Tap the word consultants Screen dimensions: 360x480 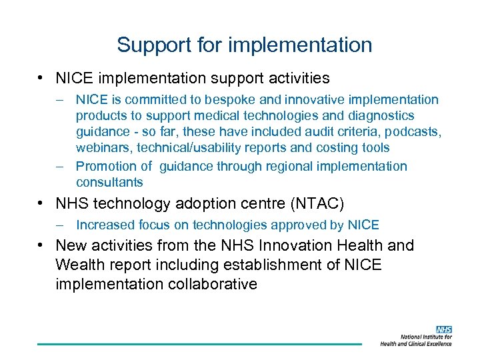(109, 183)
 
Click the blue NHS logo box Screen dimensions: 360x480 (443, 330)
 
